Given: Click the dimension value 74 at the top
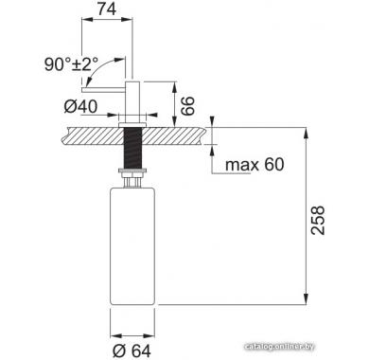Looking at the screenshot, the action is (x=107, y=9).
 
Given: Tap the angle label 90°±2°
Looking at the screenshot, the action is (x=71, y=64).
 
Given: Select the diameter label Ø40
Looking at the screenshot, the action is (x=80, y=106).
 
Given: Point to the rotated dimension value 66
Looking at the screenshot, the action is (x=187, y=106).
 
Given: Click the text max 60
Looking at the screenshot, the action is (x=255, y=165).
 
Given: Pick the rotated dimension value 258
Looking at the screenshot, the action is (x=318, y=220).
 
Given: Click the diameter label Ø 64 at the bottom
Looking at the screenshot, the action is (x=132, y=351).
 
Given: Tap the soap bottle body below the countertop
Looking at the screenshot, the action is (x=132, y=246).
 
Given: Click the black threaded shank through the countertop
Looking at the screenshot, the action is (x=132, y=148).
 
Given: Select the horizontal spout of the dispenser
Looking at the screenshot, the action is (x=104, y=90).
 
